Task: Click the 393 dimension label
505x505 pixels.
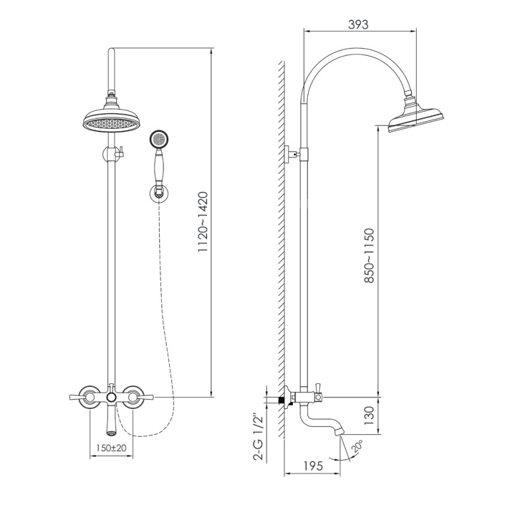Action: click(358, 25)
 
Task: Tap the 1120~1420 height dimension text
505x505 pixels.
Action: click(203, 222)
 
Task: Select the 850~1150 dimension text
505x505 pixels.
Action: click(369, 256)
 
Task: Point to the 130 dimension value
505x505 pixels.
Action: click(369, 415)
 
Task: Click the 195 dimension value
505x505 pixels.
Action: click(312, 466)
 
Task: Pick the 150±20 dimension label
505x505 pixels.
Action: click(111, 448)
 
